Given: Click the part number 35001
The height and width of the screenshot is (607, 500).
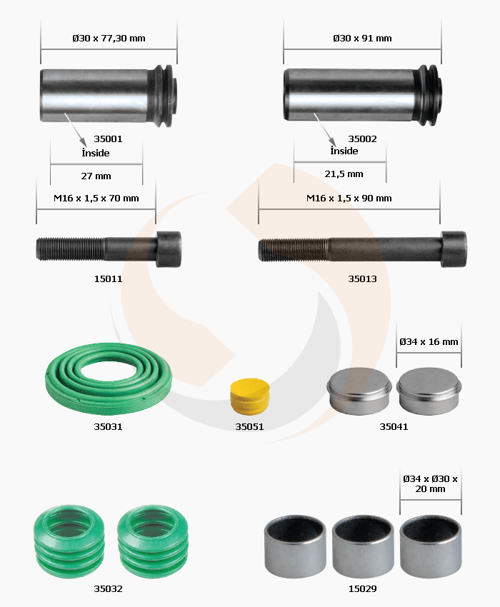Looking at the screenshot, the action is [108, 139].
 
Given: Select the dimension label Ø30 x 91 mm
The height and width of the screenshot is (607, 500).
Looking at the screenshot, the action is [362, 39].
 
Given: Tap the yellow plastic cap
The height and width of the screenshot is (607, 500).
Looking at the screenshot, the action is [250, 396].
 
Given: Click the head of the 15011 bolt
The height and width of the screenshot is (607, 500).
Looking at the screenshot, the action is [169, 249].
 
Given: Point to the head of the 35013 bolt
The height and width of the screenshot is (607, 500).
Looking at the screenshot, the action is [454, 249].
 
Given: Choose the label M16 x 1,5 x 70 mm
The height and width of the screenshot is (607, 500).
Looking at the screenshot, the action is [96, 199].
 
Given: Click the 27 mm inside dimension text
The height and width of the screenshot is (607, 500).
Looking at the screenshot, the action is [96, 176].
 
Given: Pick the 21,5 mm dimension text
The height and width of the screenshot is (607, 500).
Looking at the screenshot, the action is [344, 174].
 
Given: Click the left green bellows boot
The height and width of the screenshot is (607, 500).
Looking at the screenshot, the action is [69, 541].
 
